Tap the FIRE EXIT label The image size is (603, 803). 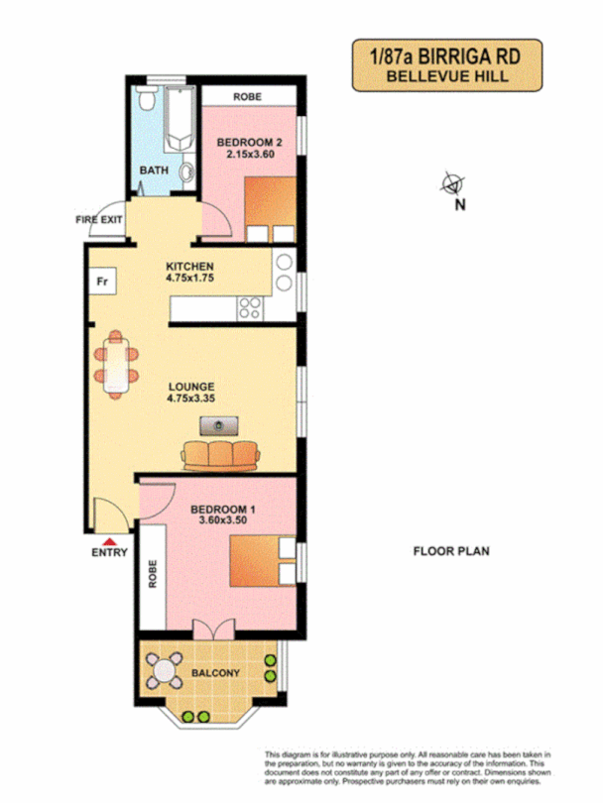pos(101,219)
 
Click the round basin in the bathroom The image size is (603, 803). pos(185,172)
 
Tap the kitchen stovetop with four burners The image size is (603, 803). pos(251,307)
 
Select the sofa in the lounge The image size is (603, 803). pos(220,455)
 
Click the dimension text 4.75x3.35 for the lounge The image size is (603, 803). pos(190,399)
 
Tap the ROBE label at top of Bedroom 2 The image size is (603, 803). pos(247,97)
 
